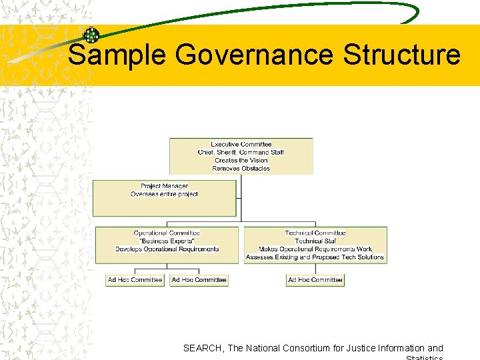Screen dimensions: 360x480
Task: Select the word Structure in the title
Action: click(401, 55)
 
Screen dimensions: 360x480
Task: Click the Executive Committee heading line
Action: click(241, 144)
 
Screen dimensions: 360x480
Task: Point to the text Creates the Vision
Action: click(241, 161)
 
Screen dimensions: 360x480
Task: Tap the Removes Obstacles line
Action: click(241, 169)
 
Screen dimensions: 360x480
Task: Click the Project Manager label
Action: click(164, 186)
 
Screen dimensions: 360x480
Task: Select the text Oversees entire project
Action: click(164, 194)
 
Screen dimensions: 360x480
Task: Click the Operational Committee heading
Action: click(167, 233)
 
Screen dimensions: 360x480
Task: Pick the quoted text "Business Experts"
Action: click(167, 241)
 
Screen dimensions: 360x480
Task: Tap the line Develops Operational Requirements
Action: click(167, 249)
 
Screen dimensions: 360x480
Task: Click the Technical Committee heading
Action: click(315, 233)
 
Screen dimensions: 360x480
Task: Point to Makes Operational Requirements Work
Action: click(315, 249)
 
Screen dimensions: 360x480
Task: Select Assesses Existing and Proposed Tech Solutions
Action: click(315, 257)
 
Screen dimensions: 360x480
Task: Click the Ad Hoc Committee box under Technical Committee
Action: click(315, 280)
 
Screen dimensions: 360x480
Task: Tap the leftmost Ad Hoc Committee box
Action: click(135, 280)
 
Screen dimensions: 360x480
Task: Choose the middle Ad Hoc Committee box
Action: click(199, 280)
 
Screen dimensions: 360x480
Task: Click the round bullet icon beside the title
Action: click(91, 35)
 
